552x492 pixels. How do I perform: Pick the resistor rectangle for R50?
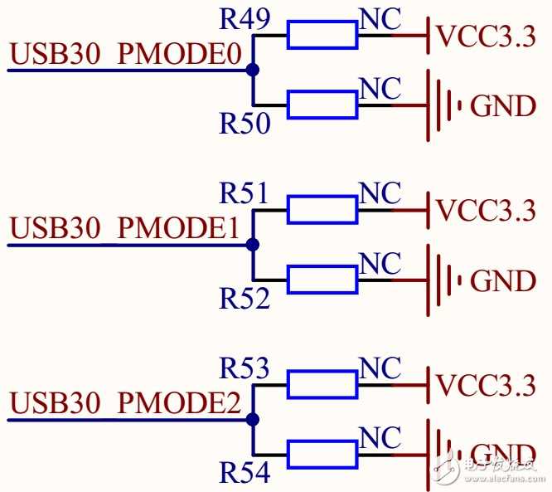tap(322, 105)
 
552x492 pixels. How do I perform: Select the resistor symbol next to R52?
tap(322, 280)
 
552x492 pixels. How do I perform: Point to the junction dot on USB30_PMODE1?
tap(253, 245)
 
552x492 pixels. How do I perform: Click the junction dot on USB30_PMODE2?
tap(253, 420)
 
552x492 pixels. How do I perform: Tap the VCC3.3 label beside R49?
tap(486, 37)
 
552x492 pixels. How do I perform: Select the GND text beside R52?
tap(503, 281)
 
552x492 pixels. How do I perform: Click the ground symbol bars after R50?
tap(443, 105)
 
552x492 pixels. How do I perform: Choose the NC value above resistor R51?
tap(380, 193)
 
